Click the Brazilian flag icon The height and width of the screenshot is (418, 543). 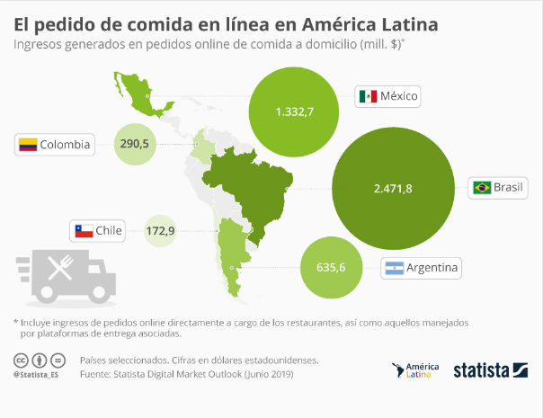click(482, 188)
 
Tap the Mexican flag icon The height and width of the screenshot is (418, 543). click(367, 96)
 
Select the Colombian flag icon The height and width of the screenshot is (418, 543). click(29, 144)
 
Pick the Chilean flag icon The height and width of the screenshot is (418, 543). click(84, 231)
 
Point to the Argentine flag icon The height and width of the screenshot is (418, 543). click(393, 268)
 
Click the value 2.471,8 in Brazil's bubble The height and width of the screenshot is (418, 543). click(393, 188)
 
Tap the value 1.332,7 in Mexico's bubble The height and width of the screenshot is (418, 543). click(295, 111)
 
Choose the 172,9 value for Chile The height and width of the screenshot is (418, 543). click(160, 231)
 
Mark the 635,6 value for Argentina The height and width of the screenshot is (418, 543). click(332, 266)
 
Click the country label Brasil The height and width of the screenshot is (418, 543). click(510, 188)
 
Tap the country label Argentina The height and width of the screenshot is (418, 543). click(432, 268)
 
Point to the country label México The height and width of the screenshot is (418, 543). click(400, 96)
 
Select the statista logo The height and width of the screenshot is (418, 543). click(490, 369)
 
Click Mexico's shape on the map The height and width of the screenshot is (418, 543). click(142, 93)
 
